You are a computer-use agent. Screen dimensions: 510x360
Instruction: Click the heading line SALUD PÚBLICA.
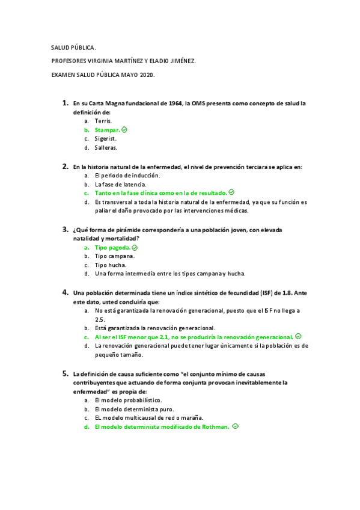point(73,47)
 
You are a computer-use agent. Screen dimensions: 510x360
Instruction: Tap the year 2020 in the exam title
point(147,75)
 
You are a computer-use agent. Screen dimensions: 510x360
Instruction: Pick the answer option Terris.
point(103,121)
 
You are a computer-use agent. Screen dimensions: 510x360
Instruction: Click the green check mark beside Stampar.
point(124,129)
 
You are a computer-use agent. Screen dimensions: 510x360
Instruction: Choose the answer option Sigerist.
point(106,138)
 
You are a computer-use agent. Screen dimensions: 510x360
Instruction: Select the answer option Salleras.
point(106,147)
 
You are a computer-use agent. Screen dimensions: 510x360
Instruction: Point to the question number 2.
point(65,166)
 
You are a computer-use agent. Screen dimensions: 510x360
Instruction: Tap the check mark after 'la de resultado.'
point(231,192)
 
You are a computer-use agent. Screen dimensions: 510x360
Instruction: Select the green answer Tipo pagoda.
point(112,247)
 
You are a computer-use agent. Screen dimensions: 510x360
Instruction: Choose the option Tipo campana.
point(114,256)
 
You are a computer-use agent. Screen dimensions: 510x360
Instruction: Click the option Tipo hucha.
point(110,265)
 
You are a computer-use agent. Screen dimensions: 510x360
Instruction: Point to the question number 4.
point(65,292)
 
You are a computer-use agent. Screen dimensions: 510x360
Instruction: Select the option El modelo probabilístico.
point(128,400)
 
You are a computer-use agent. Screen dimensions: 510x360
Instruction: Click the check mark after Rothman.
point(236,426)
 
